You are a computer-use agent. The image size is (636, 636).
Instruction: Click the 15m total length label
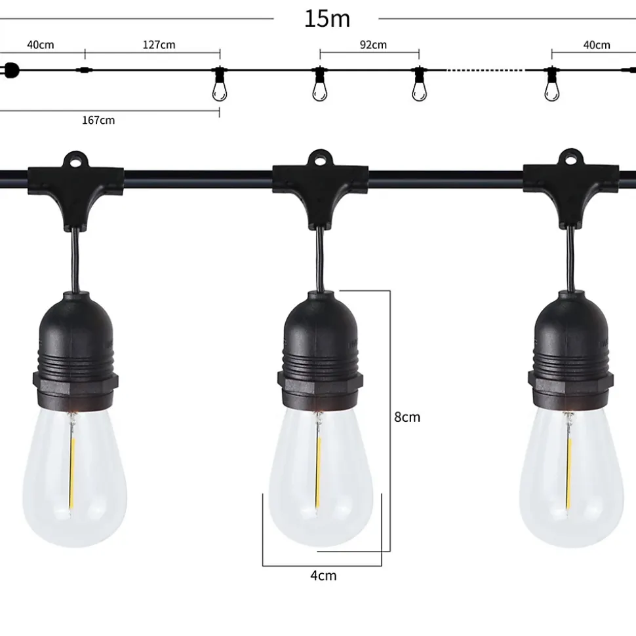click(327, 18)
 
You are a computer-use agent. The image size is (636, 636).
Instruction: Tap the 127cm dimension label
click(159, 45)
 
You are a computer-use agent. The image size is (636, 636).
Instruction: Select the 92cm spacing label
click(373, 45)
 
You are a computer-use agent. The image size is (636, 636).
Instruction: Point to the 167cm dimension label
click(98, 120)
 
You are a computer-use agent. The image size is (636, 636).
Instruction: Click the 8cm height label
click(407, 417)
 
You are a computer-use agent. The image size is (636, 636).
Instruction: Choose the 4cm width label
click(323, 576)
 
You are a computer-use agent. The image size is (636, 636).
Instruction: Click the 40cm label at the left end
click(40, 45)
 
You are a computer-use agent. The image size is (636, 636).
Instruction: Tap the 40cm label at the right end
click(597, 45)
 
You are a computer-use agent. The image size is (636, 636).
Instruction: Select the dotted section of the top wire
click(485, 70)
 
